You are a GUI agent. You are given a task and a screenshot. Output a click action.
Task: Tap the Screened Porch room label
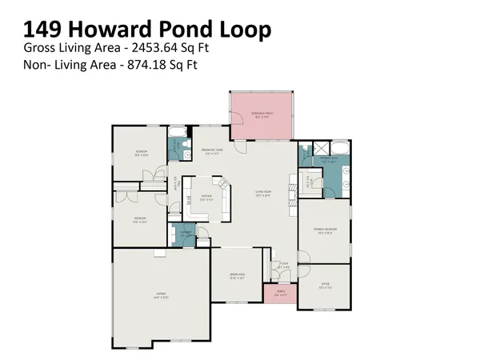click(x=261, y=111)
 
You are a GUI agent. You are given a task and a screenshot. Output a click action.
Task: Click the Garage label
click(x=161, y=294)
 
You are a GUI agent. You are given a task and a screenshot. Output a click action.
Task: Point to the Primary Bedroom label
click(x=324, y=229)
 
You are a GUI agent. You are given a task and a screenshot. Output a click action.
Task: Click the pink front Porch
click(x=280, y=294)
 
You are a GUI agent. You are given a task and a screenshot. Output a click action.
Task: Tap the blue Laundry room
click(x=182, y=234)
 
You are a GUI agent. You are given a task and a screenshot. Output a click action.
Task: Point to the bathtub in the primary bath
click(x=338, y=147)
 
